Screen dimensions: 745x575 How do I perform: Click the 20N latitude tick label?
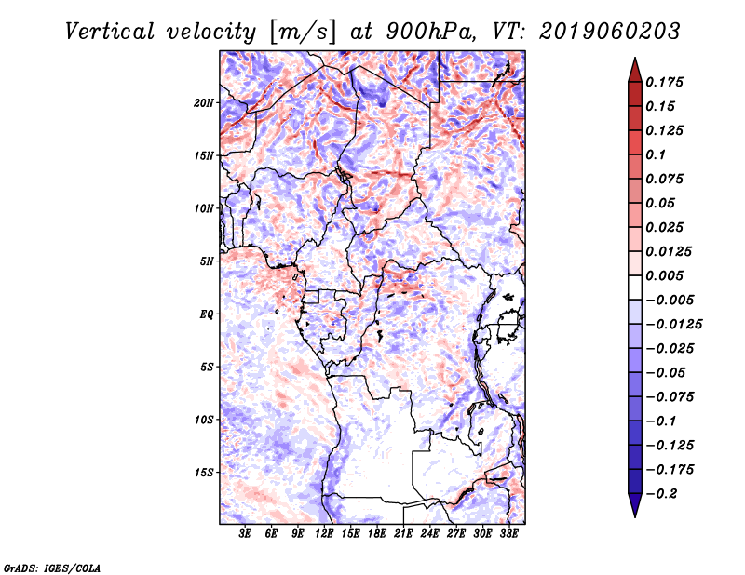point(204,103)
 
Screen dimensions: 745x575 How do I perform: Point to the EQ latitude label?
point(206,314)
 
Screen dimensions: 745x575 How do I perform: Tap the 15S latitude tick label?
point(204,473)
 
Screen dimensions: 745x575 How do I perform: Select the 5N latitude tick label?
point(207,261)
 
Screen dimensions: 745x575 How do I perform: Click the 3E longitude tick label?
point(245,533)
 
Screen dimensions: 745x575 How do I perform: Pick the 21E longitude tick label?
point(403,533)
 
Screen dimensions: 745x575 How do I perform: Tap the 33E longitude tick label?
point(508,533)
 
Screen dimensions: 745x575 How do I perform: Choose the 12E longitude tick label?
point(323,533)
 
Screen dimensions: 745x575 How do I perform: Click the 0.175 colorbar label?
point(664,82)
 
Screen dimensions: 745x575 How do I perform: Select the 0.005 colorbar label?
point(664,275)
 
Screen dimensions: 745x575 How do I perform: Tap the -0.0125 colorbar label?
point(673,325)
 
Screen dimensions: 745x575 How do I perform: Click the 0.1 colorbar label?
point(656,154)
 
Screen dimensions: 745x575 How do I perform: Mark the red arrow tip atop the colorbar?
point(635,58)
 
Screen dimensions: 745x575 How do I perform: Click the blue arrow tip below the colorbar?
point(635,516)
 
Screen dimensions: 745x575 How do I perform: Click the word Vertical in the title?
point(110,32)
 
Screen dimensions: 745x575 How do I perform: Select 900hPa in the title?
point(431,32)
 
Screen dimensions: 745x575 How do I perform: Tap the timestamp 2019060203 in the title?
point(610,32)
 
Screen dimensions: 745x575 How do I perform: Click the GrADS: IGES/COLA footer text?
point(52,568)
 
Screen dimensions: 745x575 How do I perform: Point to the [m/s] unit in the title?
point(304,33)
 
